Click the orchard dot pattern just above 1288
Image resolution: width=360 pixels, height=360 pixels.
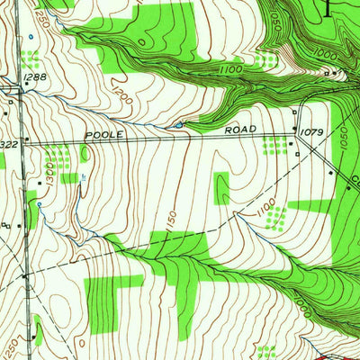click(x=32, y=60)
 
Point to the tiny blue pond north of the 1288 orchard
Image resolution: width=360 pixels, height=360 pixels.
click(x=30, y=37)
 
